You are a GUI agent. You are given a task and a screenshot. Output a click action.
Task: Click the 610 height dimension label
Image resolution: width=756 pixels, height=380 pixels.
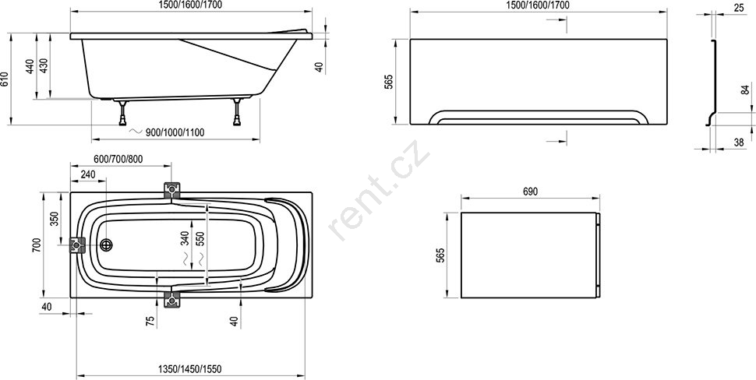[x=5, y=79]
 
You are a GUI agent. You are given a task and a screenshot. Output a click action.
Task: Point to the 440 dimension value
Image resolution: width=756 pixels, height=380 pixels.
[x=30, y=66]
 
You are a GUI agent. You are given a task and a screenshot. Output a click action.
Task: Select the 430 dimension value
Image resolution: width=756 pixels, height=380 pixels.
[x=44, y=65]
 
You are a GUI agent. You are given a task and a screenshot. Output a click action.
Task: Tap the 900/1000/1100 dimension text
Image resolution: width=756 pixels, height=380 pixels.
[x=175, y=132]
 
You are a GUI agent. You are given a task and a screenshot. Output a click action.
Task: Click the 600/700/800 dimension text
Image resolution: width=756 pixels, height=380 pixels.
[x=118, y=159]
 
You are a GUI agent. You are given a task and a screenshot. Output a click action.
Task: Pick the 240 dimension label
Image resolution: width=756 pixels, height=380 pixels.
[x=88, y=174]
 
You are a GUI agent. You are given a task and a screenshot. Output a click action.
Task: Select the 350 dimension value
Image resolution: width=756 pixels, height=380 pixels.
[x=55, y=219]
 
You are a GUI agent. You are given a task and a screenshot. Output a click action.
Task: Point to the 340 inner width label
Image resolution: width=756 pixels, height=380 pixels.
[x=185, y=238]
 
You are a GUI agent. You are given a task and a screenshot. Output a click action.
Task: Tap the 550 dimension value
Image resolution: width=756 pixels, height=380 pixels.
[x=200, y=238]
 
